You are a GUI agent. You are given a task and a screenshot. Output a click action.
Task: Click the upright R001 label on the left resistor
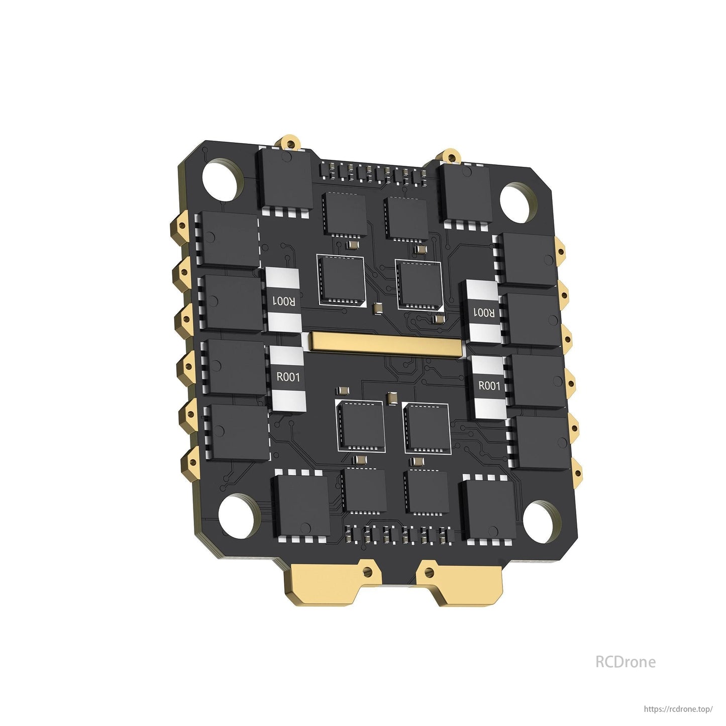tap(288, 377)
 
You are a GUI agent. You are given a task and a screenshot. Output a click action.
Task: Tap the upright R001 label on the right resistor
tap(489, 386)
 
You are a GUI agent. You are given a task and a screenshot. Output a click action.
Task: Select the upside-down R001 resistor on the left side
tap(283, 301)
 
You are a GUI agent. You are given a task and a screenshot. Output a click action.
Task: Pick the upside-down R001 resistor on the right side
tap(484, 313)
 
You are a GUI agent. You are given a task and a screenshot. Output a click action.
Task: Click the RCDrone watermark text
tap(625, 662)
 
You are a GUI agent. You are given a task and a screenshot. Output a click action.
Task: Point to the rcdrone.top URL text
tap(678, 709)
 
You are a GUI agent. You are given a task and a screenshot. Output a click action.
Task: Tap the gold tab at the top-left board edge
tap(289, 142)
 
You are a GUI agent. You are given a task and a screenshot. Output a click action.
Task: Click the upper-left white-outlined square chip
tap(341, 280)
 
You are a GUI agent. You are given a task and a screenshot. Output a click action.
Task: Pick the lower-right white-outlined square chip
tap(427, 428)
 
